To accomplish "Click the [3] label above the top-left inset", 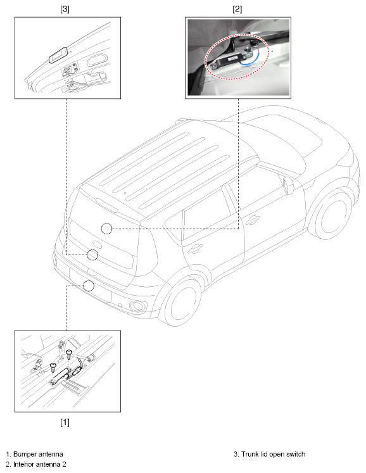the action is coord(65,9).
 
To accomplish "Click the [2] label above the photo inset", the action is coord(237,9).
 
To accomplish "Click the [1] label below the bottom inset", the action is coord(65,422).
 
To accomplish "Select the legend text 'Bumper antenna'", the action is coord(39,454).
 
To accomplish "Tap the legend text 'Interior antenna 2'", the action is coord(39,464).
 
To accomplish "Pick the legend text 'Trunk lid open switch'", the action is coord(273,454).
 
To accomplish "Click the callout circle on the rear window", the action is coord(106,229).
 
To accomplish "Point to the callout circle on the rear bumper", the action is coord(89,286).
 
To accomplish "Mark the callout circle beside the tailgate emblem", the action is coord(92,255).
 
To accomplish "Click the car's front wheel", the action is coord(332,217).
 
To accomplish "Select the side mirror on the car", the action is coord(289,185).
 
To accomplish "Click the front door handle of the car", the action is coord(253,220).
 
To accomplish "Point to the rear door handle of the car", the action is coord(195,249).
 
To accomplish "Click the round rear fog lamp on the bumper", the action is coord(137,306).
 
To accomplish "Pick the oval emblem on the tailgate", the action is coord(96,245).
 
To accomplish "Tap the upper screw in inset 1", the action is coord(69,354).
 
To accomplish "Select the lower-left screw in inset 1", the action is coord(53,367).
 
